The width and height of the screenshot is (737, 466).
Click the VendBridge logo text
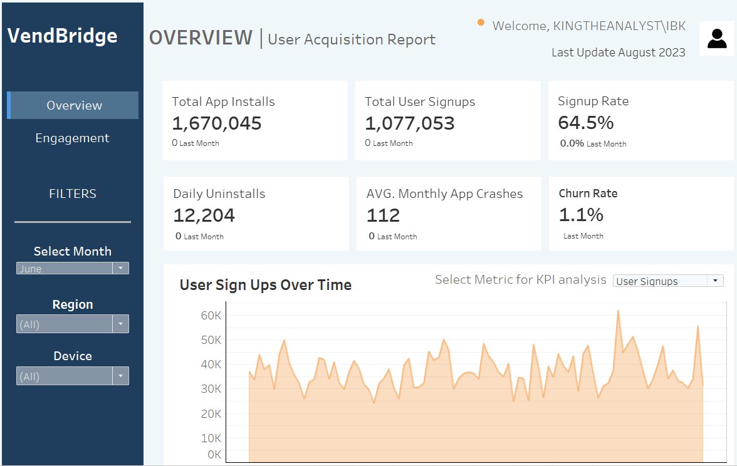[62, 36]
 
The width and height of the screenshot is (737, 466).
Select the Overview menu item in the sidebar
[74, 105]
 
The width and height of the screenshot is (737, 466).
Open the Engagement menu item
[72, 138]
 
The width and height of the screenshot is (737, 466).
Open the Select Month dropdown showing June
[72, 269]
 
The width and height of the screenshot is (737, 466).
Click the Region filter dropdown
[72, 324]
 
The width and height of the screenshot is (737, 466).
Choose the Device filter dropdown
[72, 376]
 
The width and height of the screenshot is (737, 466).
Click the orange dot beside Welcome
[481, 23]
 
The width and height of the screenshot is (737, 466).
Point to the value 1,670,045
[217, 123]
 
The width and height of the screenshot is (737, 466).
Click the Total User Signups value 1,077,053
[410, 123]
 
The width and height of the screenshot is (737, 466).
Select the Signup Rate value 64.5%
[586, 122]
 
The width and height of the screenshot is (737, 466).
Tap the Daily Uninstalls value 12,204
[204, 215]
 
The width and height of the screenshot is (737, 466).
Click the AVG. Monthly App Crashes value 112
[383, 215]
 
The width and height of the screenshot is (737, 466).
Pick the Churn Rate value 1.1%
[581, 215]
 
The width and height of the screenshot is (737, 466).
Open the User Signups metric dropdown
[668, 281]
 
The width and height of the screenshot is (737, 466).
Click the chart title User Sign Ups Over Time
[265, 285]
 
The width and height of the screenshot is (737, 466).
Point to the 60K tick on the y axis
[211, 316]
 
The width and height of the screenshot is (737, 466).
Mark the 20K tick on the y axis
[211, 414]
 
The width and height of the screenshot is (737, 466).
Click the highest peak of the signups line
[618, 310]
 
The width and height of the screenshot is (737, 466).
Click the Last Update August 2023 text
[618, 53]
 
